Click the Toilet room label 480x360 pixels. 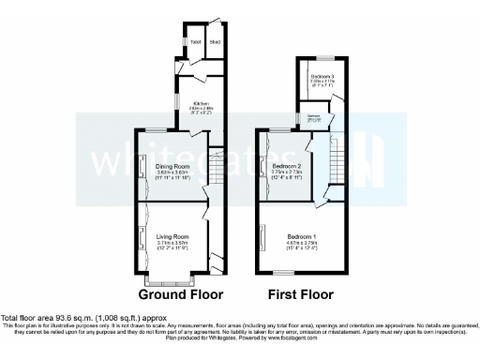196,42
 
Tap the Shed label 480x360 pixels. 215,42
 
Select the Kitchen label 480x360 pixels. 201,103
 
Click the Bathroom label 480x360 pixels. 314,117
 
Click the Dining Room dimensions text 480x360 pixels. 172,174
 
